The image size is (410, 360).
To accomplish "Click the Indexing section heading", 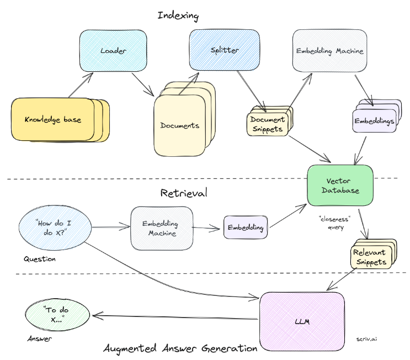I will click(x=178, y=15).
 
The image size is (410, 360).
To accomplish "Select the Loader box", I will click(x=113, y=51).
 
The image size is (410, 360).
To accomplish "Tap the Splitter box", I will click(x=223, y=50).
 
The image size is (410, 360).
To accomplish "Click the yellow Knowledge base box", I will click(x=52, y=119).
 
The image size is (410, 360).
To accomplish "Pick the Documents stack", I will click(x=180, y=125).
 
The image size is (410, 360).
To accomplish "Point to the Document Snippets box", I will click(x=268, y=124).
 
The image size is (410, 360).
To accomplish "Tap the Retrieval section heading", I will click(x=184, y=193).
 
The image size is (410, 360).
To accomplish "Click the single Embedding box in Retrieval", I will click(x=245, y=227).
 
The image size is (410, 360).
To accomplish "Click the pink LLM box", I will click(x=302, y=321).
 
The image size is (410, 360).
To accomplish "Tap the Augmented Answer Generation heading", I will click(x=180, y=348).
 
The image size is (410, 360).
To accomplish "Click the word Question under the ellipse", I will click(x=40, y=258).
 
